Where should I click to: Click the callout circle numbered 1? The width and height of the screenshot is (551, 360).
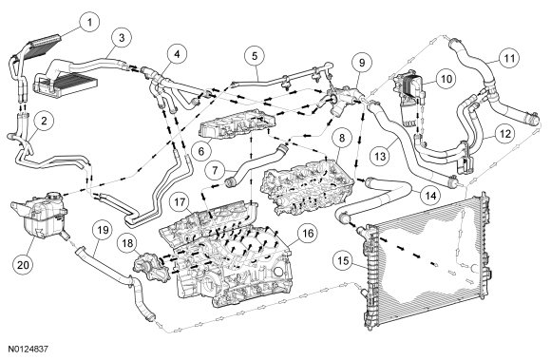coord(89,23)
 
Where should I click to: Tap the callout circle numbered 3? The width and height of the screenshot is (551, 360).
coord(122,38)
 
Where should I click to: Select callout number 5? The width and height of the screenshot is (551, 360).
coord(255,56)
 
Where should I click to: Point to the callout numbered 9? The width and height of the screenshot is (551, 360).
coord(362,63)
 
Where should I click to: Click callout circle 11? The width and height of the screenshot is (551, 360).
coord(509,58)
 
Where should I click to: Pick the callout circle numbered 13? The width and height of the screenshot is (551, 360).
coord(381,156)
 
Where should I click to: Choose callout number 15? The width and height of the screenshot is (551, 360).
coord(343,260)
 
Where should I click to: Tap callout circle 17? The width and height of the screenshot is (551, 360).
coord(180,202)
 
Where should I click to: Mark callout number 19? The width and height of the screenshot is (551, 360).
coord(103,232)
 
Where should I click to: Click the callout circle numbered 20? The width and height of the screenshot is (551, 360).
coord(23,264)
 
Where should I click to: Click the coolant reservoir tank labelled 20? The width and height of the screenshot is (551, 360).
coord(39,215)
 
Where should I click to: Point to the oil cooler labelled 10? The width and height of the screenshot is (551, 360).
coord(410,99)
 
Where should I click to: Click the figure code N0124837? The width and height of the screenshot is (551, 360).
coord(28,350)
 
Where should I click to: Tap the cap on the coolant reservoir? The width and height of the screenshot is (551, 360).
coord(54,196)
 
